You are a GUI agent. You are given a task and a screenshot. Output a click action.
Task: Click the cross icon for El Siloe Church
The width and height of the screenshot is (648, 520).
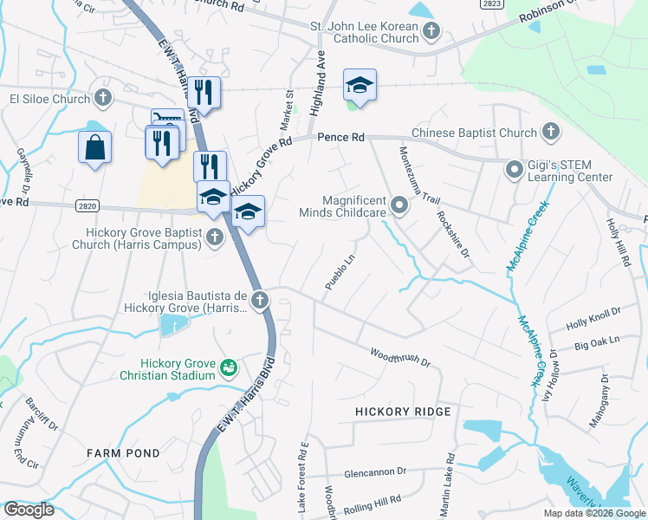pos(103,99)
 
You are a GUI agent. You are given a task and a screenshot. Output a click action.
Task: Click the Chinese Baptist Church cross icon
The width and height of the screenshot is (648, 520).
pos(550,133)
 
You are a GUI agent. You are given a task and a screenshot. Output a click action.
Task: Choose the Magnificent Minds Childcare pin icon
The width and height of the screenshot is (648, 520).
pos(399,205)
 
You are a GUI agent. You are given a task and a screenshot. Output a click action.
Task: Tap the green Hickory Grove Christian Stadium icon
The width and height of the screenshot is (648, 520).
pos(229,368)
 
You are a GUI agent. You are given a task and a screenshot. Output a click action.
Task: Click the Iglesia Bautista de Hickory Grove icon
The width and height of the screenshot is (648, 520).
pos(259,300)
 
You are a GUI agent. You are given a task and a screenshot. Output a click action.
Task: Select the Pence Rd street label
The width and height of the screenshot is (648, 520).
pos(340,138)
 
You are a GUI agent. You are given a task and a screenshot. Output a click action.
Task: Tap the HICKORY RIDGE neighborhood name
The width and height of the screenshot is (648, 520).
pos(403,411)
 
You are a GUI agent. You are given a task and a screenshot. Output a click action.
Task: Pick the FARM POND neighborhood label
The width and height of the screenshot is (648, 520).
pos(122,453)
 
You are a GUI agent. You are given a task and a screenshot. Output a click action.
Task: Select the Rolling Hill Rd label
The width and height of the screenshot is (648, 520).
pos(370,502)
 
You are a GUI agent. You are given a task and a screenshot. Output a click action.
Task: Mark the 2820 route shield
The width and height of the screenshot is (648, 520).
pos(87,206)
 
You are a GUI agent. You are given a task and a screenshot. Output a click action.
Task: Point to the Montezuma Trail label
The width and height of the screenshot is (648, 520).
pos(413,172)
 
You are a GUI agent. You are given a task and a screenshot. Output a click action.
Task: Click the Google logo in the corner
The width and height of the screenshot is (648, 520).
pos(29,510)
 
